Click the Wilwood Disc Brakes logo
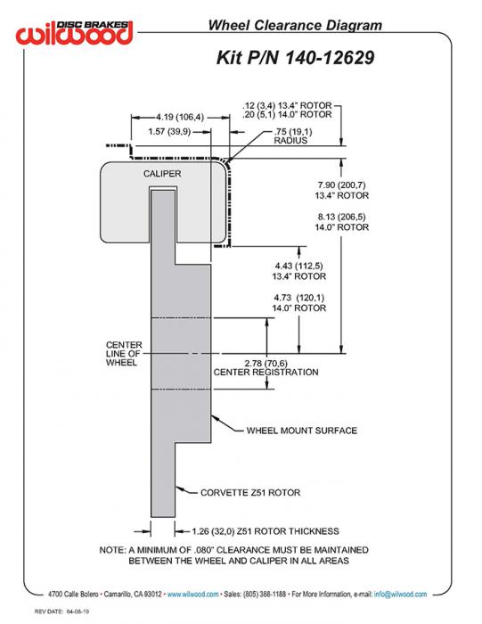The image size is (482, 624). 74,32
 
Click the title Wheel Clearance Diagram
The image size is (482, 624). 295,25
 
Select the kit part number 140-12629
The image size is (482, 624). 330,57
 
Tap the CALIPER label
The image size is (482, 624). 162,174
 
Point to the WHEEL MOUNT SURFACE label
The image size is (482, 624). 302,431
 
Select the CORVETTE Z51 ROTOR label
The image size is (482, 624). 250,493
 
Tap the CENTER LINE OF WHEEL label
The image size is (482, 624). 124,353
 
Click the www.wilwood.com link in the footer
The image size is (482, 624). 192,595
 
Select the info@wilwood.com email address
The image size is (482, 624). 400,595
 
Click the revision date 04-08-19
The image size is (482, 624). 78,612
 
